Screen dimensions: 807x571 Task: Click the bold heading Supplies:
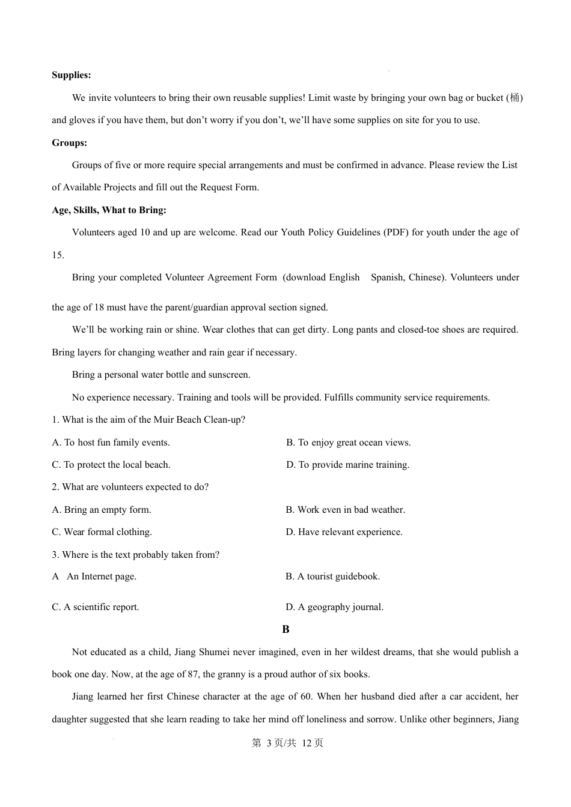pyautogui.click(x=71, y=75)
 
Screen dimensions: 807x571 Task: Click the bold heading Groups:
pyautogui.click(x=69, y=143)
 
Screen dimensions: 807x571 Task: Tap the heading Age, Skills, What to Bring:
pyautogui.click(x=109, y=210)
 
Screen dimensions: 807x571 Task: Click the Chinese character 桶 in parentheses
pyautogui.click(x=515, y=98)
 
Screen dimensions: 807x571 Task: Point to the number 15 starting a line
pyautogui.click(x=57, y=255)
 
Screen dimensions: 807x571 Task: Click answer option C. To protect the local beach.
pyautogui.click(x=111, y=465)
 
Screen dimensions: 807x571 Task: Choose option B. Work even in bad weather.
pyautogui.click(x=345, y=510)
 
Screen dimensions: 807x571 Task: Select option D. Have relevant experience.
pyautogui.click(x=344, y=532)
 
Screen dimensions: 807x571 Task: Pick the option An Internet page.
pyautogui.click(x=101, y=576)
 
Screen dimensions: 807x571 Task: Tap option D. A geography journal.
pyautogui.click(x=334, y=607)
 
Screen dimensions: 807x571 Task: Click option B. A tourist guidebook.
pyautogui.click(x=332, y=576)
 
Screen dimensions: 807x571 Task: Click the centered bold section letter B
pyautogui.click(x=285, y=629)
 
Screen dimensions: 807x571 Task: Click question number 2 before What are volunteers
pyautogui.click(x=55, y=487)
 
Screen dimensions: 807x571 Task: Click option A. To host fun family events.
pyautogui.click(x=111, y=443)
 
